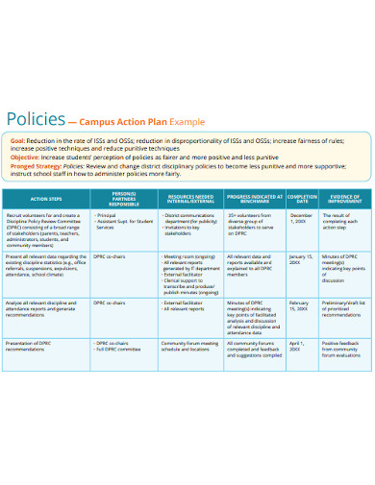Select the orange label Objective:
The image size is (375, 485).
coord(25,158)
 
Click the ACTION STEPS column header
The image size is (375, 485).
coord(48,199)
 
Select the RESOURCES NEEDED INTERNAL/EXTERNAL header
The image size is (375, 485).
coord(190,199)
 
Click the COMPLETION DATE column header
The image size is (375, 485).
coord(301,199)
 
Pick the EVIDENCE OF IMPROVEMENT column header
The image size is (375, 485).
coord(341,199)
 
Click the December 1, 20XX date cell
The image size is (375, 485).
coord(301,221)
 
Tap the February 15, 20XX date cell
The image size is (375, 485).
coord(301,307)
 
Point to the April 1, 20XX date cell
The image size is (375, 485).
coord(301,347)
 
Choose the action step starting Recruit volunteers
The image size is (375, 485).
coord(48,230)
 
